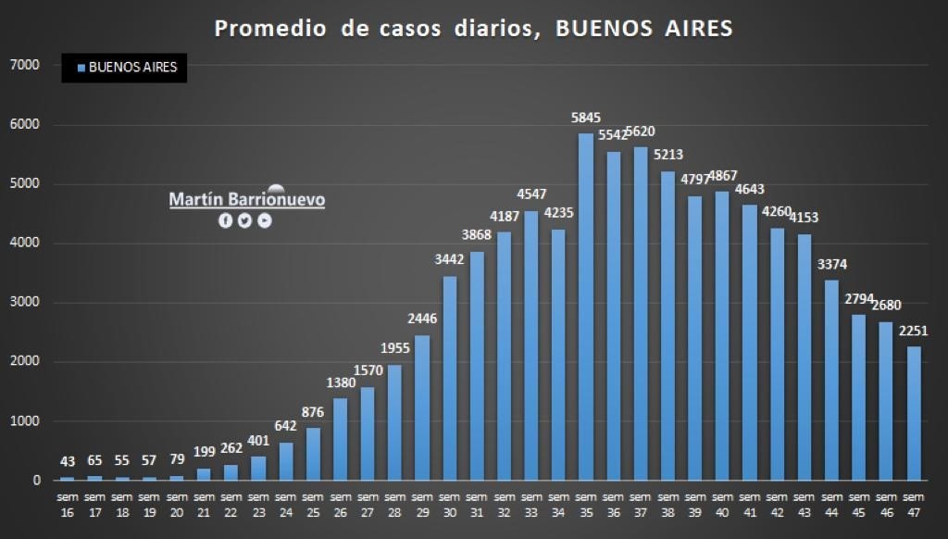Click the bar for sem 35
[586, 307]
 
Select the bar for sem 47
[914, 413]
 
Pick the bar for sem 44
[831, 380]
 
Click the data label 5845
[586, 118]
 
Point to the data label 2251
[914, 331]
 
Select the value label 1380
[341, 382]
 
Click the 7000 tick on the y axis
[24, 65]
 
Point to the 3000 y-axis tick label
[24, 303]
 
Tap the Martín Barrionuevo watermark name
[246, 199]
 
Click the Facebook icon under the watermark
[225, 220]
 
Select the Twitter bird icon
[244, 220]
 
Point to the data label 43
[67, 461]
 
